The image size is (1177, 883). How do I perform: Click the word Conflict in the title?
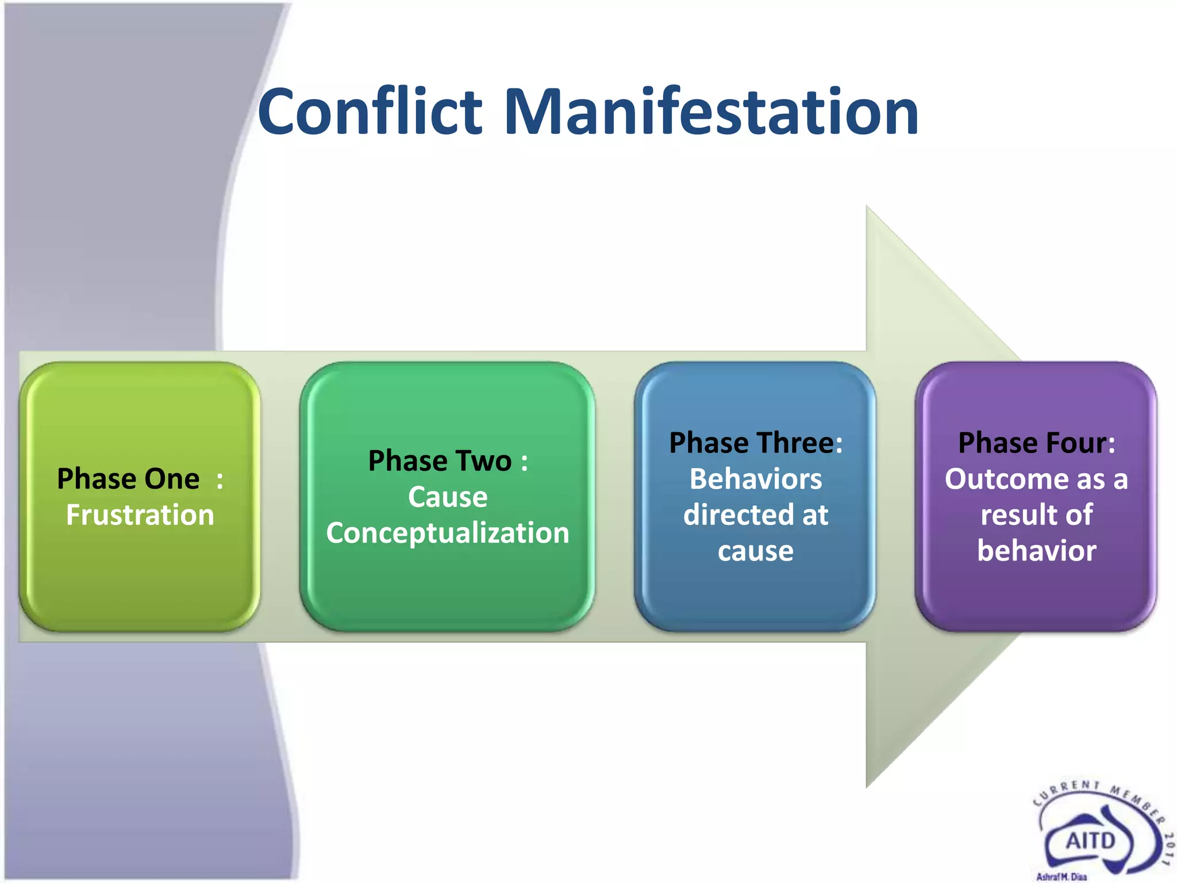pyautogui.click(x=370, y=112)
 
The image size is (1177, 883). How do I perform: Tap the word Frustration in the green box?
pyautogui.click(x=140, y=515)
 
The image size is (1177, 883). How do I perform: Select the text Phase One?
pyautogui.click(x=128, y=479)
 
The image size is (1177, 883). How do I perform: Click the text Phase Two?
pyautogui.click(x=440, y=461)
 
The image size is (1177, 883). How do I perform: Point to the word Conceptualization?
pyautogui.click(x=448, y=533)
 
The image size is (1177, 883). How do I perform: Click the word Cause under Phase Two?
pyautogui.click(x=448, y=497)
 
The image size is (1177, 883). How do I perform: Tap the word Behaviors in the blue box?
pyautogui.click(x=756, y=479)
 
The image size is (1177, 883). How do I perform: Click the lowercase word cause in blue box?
pyautogui.click(x=756, y=551)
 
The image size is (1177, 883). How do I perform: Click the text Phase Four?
pyautogui.click(x=1032, y=443)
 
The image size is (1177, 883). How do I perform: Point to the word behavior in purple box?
pyautogui.click(x=1037, y=551)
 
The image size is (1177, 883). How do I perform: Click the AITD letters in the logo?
pyautogui.click(x=1090, y=841)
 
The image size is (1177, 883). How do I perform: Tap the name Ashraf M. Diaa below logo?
pyautogui.click(x=1061, y=877)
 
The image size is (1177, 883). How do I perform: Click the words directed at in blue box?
pyautogui.click(x=756, y=515)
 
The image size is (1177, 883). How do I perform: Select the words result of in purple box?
pyautogui.click(x=1037, y=515)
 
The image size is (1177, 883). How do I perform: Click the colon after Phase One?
pyautogui.click(x=220, y=480)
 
